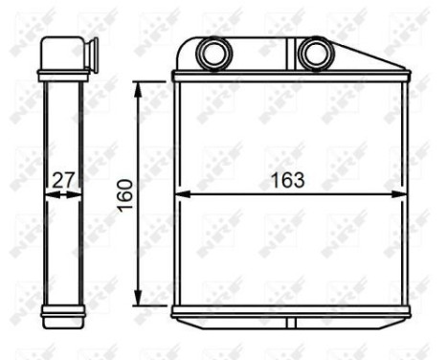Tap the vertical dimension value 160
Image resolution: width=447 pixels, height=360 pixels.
point(123,193)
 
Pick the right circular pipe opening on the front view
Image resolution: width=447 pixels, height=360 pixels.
point(312,54)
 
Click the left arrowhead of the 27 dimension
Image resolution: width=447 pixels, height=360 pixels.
point(48,193)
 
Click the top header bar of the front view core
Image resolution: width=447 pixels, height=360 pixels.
point(289,77)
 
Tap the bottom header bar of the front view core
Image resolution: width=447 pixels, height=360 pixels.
point(289,312)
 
